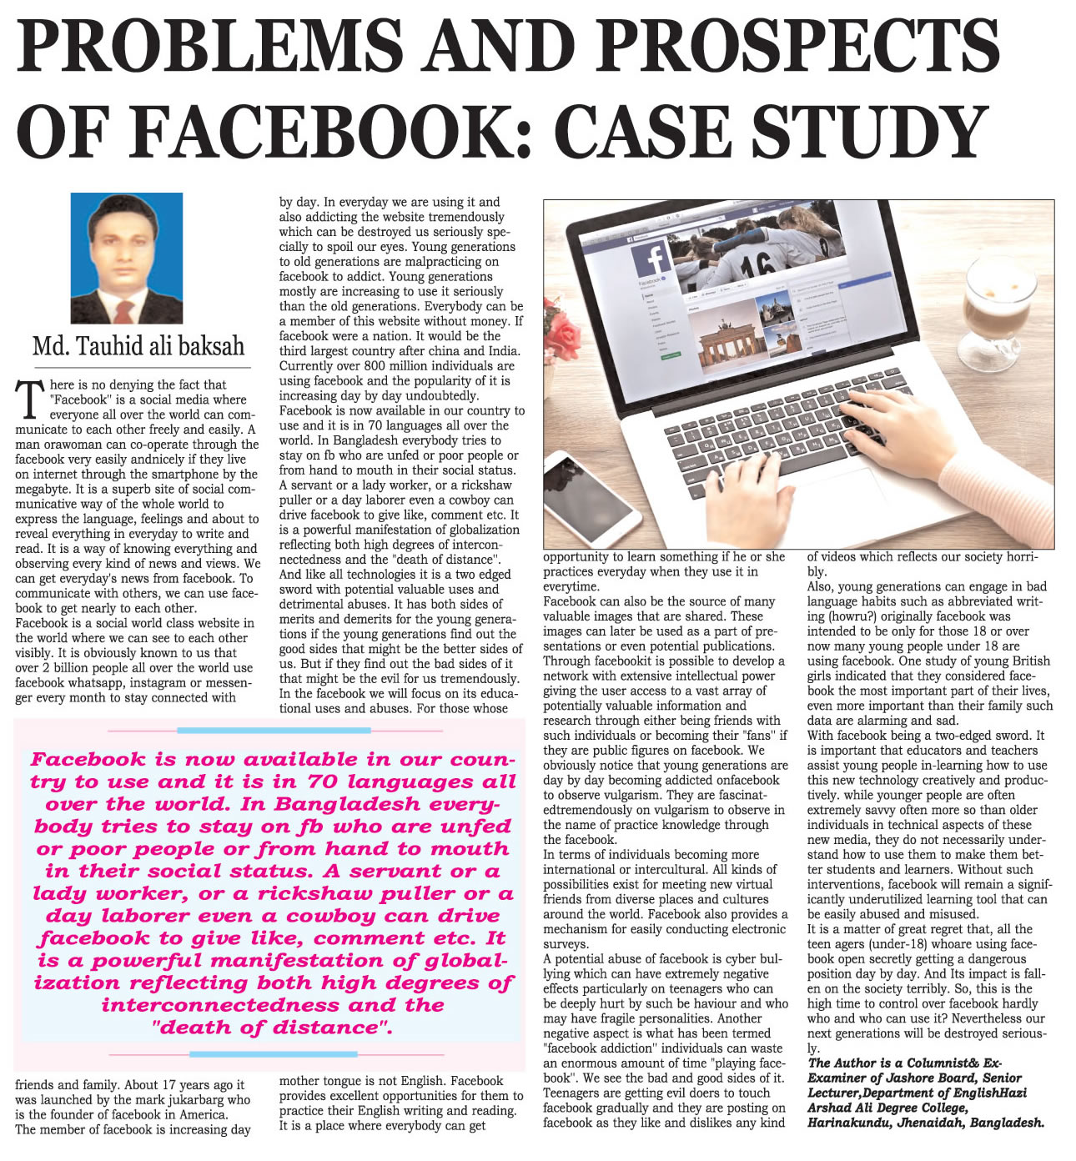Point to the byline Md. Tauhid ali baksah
click(x=138, y=345)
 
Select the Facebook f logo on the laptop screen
click(x=654, y=258)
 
